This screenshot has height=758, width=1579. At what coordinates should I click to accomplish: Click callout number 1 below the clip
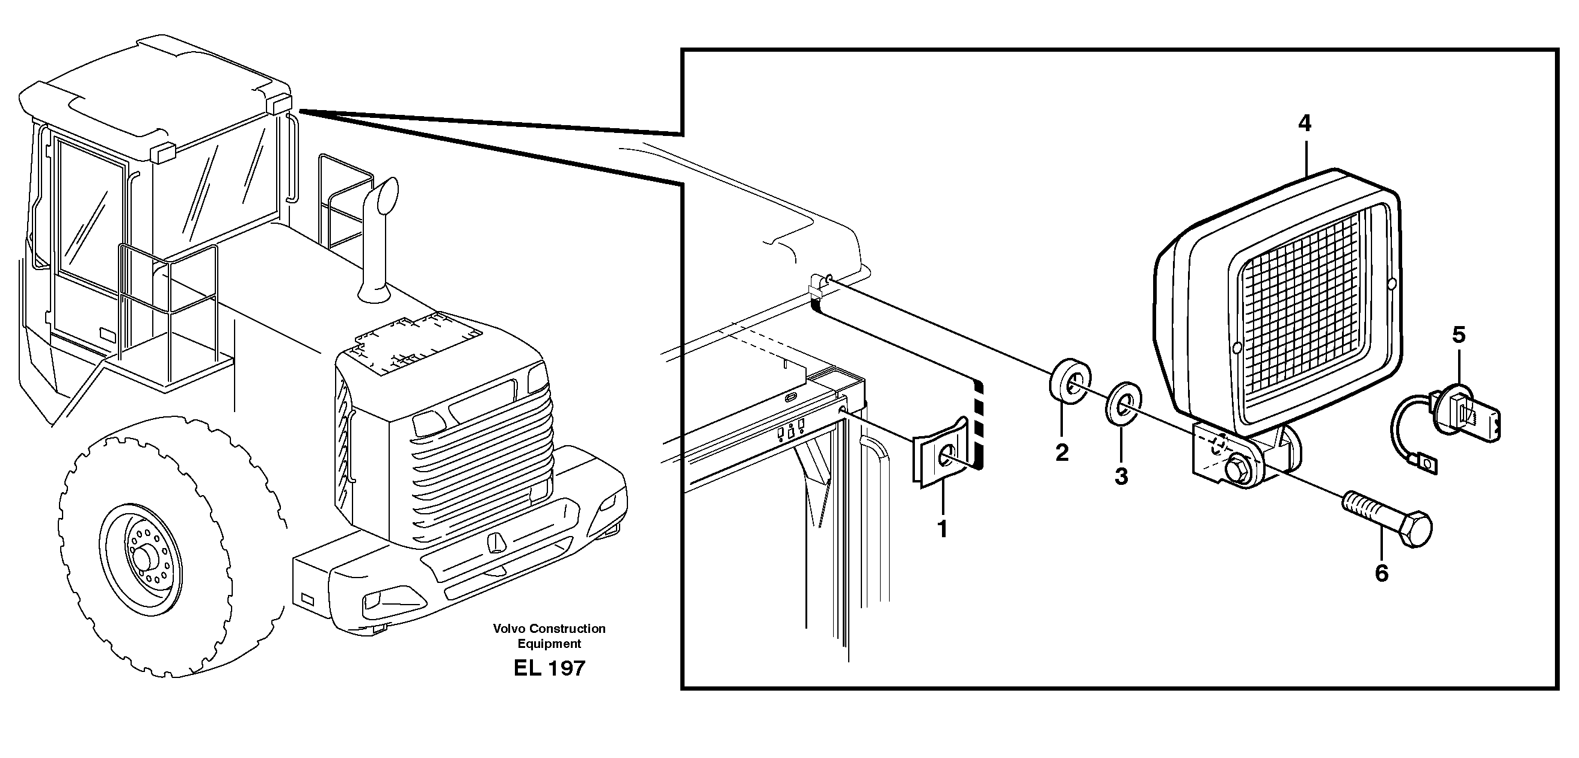click(943, 529)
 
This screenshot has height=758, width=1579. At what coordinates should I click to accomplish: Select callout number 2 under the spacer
click(1062, 452)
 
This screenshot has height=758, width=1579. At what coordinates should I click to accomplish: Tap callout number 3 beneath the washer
click(1121, 476)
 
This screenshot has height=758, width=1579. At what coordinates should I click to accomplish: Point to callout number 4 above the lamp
click(1305, 124)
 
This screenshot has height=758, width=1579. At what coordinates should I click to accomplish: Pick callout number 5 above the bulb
click(1459, 336)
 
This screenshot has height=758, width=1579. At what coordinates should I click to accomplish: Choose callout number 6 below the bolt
click(1382, 573)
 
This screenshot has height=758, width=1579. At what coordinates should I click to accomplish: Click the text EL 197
click(549, 668)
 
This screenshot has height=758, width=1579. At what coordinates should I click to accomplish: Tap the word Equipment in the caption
click(549, 643)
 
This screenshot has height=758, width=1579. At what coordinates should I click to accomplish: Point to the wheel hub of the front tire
click(144, 558)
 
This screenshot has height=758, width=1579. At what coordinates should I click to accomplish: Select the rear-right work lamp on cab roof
click(281, 104)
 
